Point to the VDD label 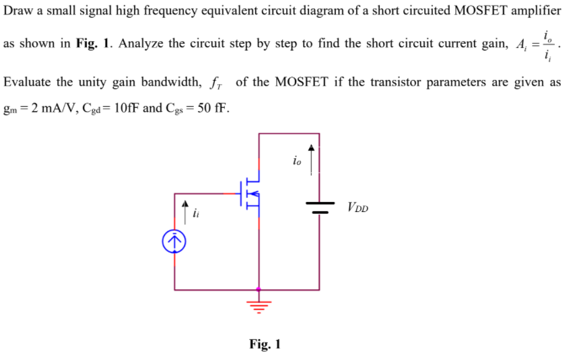[358, 207]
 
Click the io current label [298, 160]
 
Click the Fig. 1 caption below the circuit [265, 345]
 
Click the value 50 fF [211, 108]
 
